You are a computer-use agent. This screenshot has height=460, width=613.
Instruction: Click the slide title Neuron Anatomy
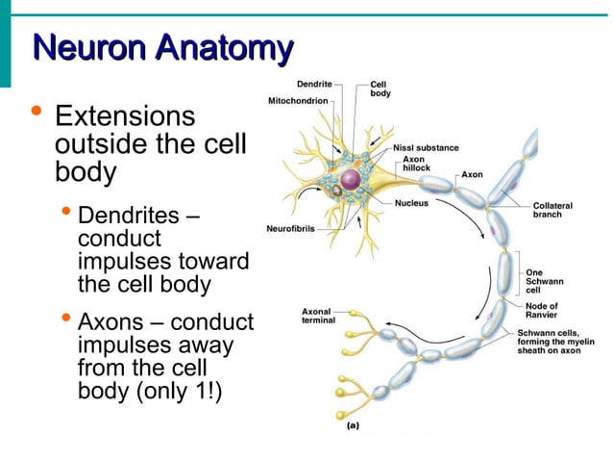[x=162, y=48]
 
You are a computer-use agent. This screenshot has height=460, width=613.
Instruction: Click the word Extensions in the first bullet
[x=125, y=117]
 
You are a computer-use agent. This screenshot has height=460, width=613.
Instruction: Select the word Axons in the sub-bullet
[x=112, y=321]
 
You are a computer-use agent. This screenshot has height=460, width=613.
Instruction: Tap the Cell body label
[x=380, y=89]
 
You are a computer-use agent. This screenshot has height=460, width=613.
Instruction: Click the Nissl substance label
[x=426, y=148]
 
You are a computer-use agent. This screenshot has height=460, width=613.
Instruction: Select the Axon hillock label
[x=414, y=164]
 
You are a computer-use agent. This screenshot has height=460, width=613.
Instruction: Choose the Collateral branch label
[x=554, y=209]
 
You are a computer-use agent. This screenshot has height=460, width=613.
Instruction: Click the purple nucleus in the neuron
[x=351, y=180]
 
